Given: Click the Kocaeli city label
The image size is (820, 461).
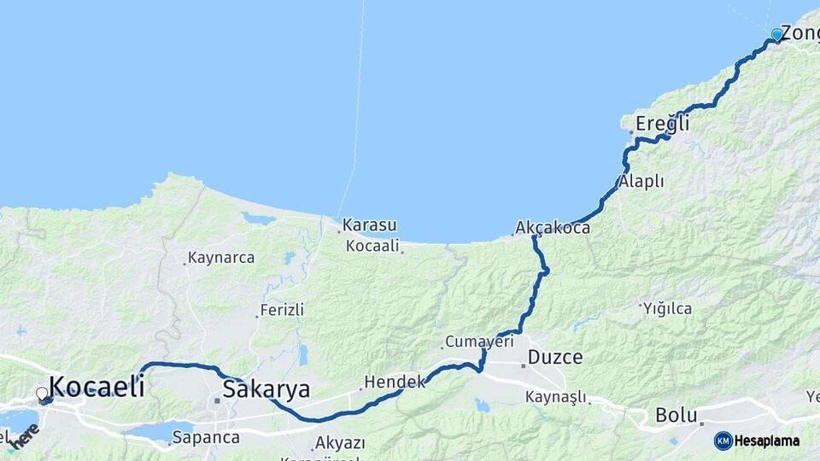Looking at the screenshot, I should click(x=97, y=386).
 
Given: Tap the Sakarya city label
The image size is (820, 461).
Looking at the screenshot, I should click(x=266, y=389).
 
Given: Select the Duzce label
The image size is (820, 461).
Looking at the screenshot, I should click(x=555, y=357).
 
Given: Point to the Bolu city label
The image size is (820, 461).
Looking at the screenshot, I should click(x=676, y=416).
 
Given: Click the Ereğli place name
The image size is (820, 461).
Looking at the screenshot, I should click(x=662, y=124).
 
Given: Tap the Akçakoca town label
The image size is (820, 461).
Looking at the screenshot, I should click(x=553, y=229).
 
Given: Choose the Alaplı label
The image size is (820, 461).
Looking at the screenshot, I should click(x=641, y=182).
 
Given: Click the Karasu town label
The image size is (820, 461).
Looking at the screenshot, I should click(x=370, y=226).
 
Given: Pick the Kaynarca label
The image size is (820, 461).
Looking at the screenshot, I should click(x=221, y=258).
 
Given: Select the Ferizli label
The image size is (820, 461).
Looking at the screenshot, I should click(x=282, y=310).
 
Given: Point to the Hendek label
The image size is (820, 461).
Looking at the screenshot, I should click(x=394, y=382).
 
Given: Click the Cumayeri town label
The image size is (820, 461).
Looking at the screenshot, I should click(x=479, y=341).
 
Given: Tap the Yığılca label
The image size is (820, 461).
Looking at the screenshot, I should click(x=668, y=308).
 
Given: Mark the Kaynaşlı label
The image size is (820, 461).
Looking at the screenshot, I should click(x=556, y=397).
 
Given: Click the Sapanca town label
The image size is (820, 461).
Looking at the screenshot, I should click(x=206, y=437).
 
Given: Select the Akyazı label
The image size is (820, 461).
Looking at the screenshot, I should click(x=340, y=443).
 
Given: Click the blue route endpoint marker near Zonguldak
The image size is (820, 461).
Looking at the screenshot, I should click(x=776, y=35).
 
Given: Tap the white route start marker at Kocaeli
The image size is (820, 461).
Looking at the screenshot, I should click(x=42, y=394).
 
